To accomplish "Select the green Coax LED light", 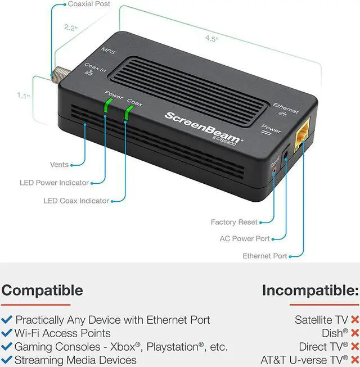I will [x=127, y=113].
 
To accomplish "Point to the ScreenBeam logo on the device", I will [x=204, y=125].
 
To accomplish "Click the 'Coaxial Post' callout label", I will [x=89, y=4].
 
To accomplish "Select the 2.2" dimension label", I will [x=71, y=27].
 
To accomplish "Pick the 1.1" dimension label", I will [x=22, y=96].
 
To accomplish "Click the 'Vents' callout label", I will [x=59, y=165].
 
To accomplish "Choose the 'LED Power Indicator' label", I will [x=55, y=183].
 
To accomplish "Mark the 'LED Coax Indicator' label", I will [x=76, y=201].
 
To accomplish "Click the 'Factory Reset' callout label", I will [x=234, y=222].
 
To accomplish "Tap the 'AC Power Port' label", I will [x=245, y=239].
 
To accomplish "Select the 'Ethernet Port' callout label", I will [x=265, y=256].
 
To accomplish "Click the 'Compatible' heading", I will [x=42, y=291].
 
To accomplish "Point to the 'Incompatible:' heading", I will [x=310, y=291].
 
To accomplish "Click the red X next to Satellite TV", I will [x=355, y=320].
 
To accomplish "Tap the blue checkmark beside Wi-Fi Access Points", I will [x=7, y=333].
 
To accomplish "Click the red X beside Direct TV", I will [x=355, y=347].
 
